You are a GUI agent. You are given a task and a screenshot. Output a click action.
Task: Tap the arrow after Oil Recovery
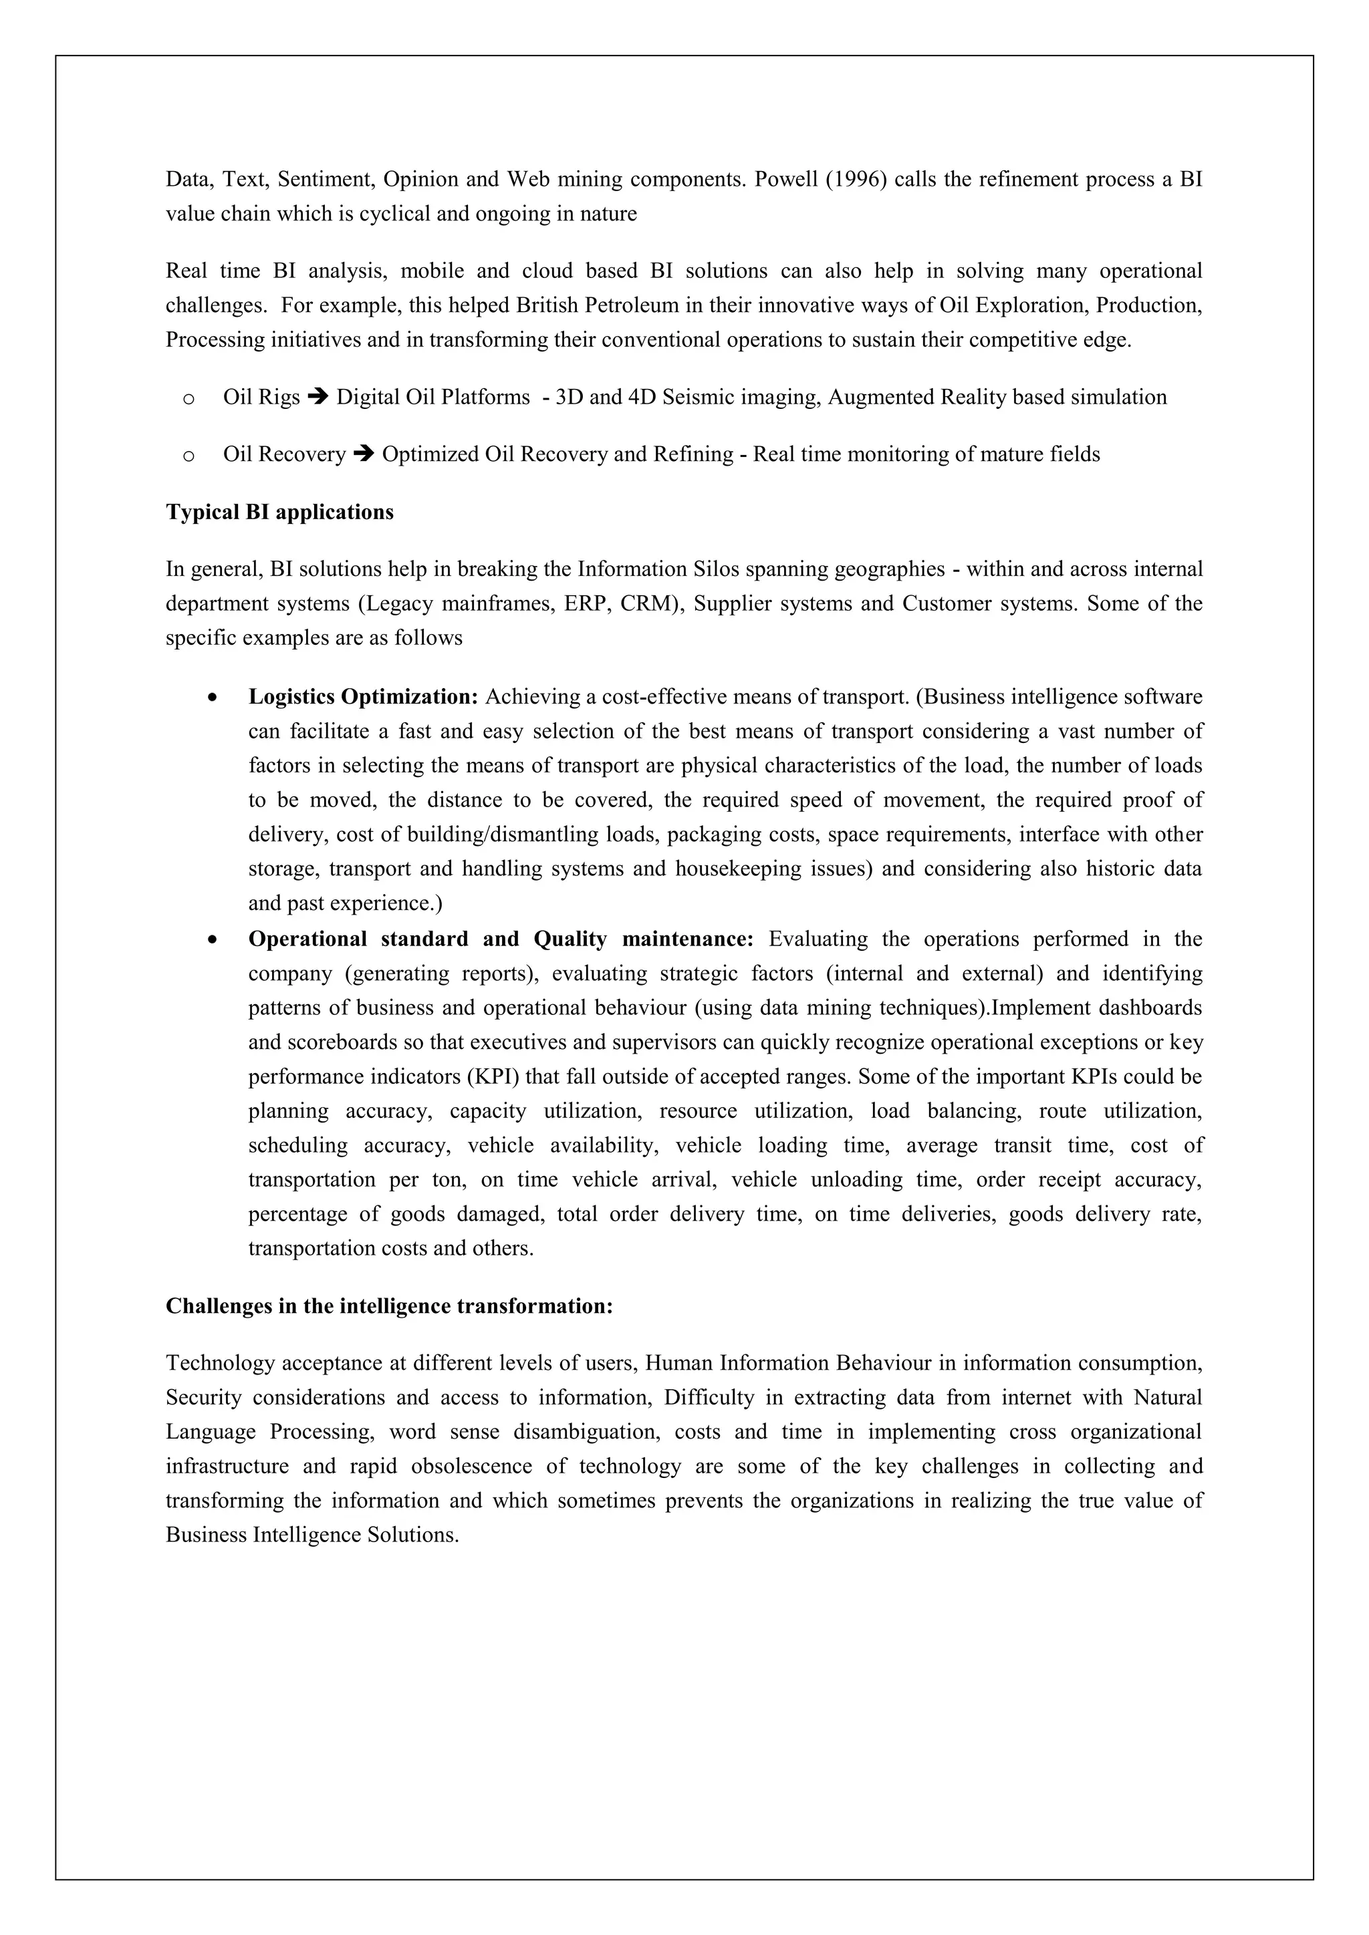coord(364,454)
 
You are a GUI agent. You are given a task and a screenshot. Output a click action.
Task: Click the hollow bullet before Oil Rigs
coord(189,399)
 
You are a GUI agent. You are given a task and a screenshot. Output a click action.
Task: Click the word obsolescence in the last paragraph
coord(471,1467)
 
